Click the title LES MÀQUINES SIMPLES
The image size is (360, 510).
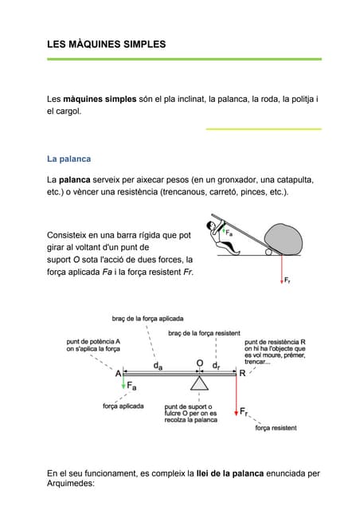(106, 45)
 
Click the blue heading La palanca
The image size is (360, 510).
(69, 159)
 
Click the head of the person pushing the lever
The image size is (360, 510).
(213, 227)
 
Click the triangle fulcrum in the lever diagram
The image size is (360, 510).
(200, 384)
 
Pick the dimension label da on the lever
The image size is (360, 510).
(158, 366)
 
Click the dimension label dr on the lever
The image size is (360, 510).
(217, 366)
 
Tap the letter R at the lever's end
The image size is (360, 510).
(243, 372)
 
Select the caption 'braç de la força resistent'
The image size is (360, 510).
(205, 332)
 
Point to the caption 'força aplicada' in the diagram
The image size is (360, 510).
(123, 406)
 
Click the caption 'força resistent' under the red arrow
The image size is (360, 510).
(276, 428)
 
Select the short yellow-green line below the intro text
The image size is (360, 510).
(263, 128)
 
